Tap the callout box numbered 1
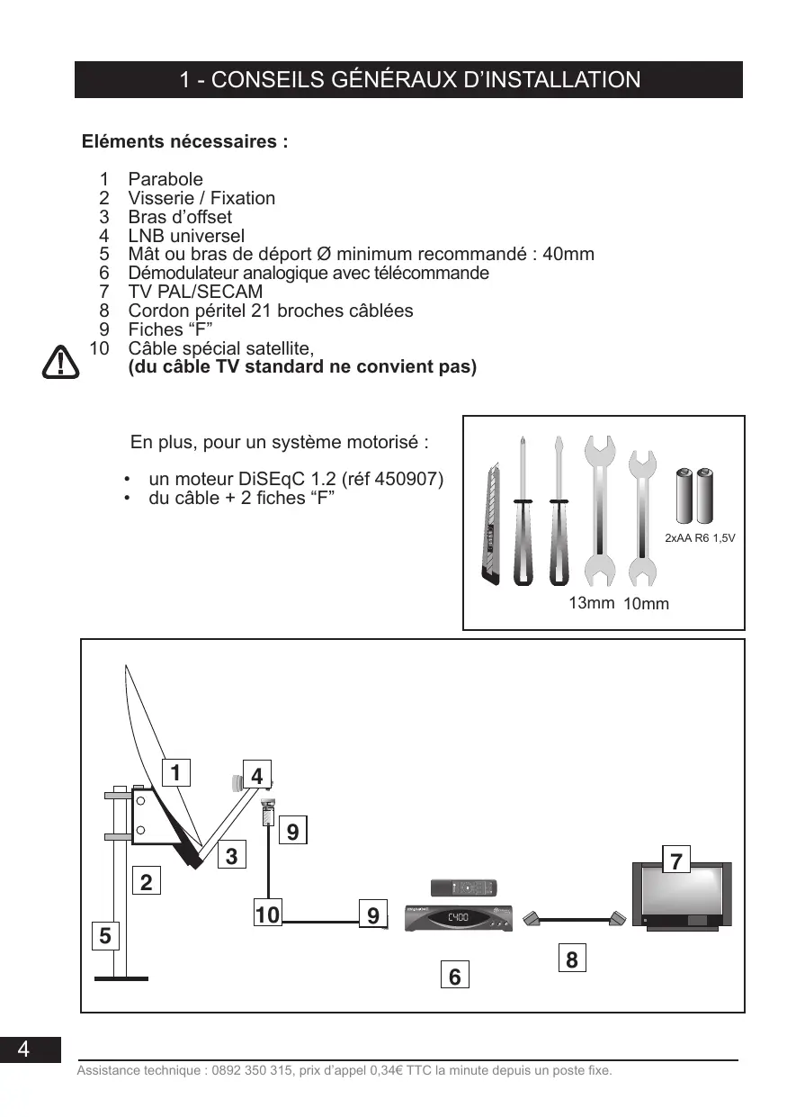point(176,773)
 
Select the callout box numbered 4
point(257,776)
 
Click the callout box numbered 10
point(267,916)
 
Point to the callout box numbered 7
point(677,861)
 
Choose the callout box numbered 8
point(572,959)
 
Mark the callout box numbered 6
point(455,976)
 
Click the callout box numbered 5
point(105,936)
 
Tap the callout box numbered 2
point(146,883)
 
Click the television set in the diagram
point(682,896)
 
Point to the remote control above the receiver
point(463,888)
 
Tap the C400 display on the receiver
point(457,916)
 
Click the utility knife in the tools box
point(492,527)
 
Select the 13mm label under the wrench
point(591,603)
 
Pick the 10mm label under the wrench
point(646,604)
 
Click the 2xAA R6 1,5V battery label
point(701,538)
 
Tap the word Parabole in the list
point(165,179)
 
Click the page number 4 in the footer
point(23,1049)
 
